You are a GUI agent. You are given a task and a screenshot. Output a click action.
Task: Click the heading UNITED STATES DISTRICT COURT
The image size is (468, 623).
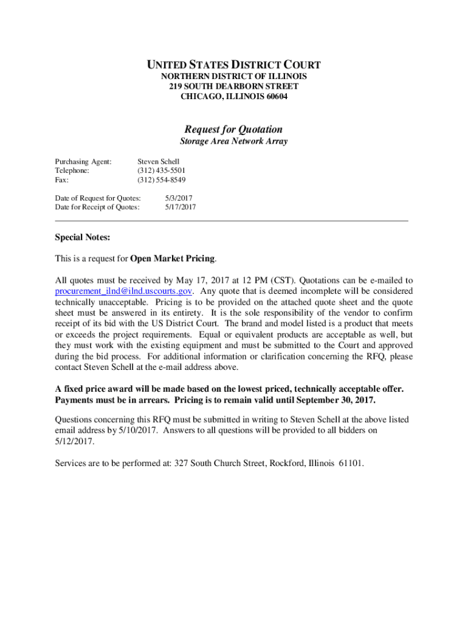click(x=234, y=64)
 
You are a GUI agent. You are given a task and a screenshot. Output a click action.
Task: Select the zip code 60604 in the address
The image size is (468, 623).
click(x=276, y=96)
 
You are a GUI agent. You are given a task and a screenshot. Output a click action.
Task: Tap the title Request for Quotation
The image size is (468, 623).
click(x=234, y=129)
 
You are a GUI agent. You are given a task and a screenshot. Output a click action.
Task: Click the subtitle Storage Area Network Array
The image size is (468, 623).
click(x=234, y=142)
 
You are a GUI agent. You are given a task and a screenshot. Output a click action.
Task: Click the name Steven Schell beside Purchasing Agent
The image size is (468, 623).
click(x=159, y=161)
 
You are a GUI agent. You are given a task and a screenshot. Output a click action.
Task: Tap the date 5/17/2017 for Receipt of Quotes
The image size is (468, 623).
click(x=181, y=207)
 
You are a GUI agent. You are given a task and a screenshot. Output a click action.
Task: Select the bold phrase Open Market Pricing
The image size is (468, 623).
click(x=173, y=259)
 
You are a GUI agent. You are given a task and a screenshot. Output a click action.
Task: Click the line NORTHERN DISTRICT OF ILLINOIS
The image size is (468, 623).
click(x=234, y=77)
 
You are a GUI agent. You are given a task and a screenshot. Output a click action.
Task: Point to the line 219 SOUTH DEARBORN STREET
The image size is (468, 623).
click(x=234, y=86)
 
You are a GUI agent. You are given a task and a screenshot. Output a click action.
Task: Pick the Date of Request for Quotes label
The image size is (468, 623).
click(x=98, y=198)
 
